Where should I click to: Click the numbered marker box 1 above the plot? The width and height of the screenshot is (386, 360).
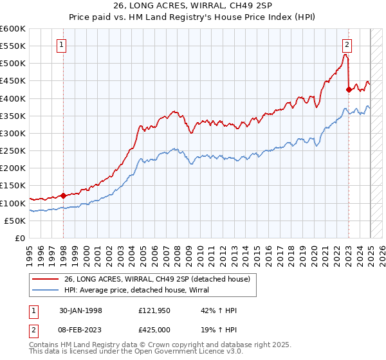(x=61, y=45)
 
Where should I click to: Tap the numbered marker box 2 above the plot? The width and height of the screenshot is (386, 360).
(x=347, y=45)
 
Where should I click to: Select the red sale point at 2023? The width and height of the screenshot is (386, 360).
(x=348, y=90)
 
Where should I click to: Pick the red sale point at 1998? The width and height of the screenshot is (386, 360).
(x=64, y=195)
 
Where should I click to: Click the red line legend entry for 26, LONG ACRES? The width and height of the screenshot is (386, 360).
(x=160, y=278)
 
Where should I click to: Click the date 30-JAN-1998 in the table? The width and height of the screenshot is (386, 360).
(x=91, y=311)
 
